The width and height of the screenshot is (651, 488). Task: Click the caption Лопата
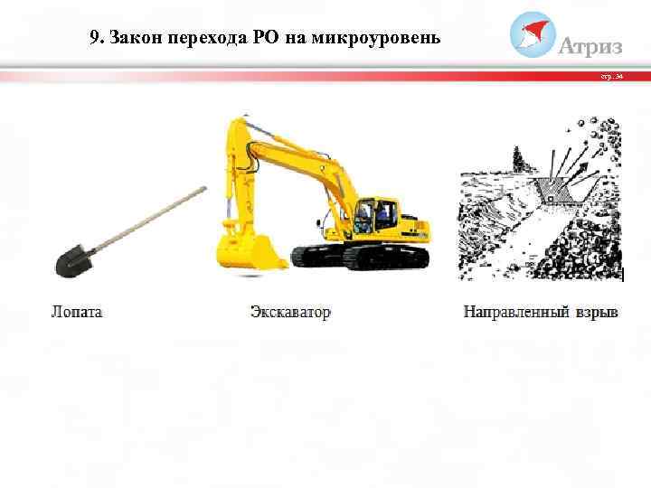tap(77, 313)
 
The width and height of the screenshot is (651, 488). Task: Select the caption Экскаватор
tap(290, 313)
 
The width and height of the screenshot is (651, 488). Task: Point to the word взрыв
tap(598, 313)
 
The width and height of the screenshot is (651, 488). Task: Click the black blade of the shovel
tap(71, 262)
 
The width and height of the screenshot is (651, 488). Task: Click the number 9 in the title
tap(96, 39)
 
